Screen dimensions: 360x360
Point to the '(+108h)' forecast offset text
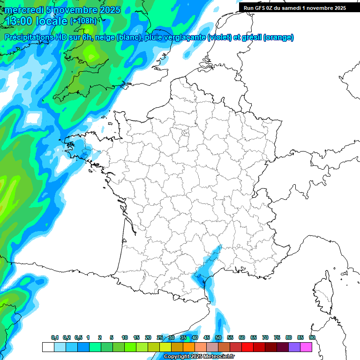(83, 21)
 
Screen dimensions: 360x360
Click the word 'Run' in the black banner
(249, 8)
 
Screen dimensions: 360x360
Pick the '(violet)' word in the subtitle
(219, 37)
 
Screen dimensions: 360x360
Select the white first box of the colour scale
(48, 347)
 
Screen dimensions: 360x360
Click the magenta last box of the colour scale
(306, 347)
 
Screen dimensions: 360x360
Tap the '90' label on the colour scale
(312, 337)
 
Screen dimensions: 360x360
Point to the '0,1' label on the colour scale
(55, 337)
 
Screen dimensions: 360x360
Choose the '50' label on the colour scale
(218, 337)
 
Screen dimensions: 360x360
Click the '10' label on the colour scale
(125, 337)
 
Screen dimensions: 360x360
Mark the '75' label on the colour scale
(277, 337)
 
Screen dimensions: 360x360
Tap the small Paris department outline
(185, 133)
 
